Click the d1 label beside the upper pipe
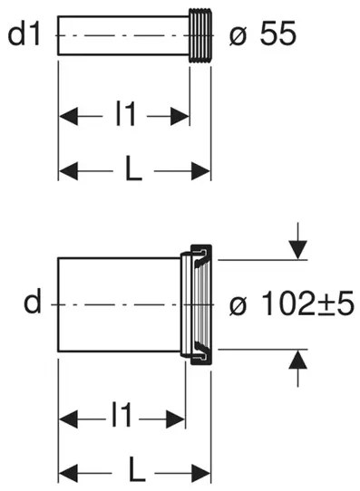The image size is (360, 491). [x=24, y=35]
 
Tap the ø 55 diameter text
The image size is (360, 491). [x=263, y=34]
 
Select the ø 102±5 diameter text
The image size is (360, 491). [x=292, y=303]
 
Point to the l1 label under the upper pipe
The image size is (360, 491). [x=125, y=115]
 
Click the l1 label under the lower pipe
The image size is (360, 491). [x=122, y=416]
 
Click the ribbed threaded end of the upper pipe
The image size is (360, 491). [x=200, y=35]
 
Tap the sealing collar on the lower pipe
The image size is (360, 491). [x=197, y=304]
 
